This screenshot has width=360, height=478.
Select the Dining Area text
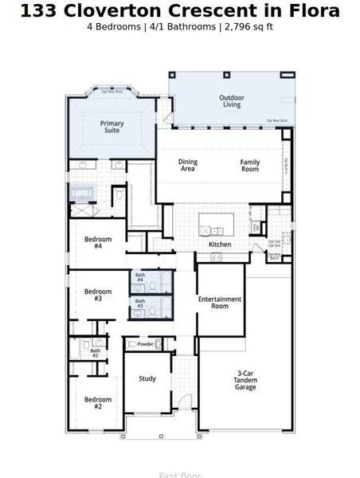click(x=188, y=165)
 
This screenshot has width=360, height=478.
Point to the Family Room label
click(x=250, y=165)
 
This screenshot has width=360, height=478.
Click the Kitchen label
click(x=220, y=245)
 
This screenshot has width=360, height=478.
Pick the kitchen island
click(x=217, y=221)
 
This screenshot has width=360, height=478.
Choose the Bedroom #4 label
click(x=98, y=242)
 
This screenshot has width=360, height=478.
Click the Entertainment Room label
click(x=220, y=302)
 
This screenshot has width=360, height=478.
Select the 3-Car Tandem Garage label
click(x=245, y=380)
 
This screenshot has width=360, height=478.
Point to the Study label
click(x=147, y=378)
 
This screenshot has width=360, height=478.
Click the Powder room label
click(x=146, y=344)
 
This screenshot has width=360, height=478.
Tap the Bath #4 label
click(x=139, y=277)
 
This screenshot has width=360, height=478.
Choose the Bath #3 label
click(x=139, y=304)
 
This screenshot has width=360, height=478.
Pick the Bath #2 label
click(x=95, y=353)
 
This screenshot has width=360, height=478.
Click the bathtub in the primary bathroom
click(x=83, y=194)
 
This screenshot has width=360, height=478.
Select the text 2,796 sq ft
click(x=248, y=27)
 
